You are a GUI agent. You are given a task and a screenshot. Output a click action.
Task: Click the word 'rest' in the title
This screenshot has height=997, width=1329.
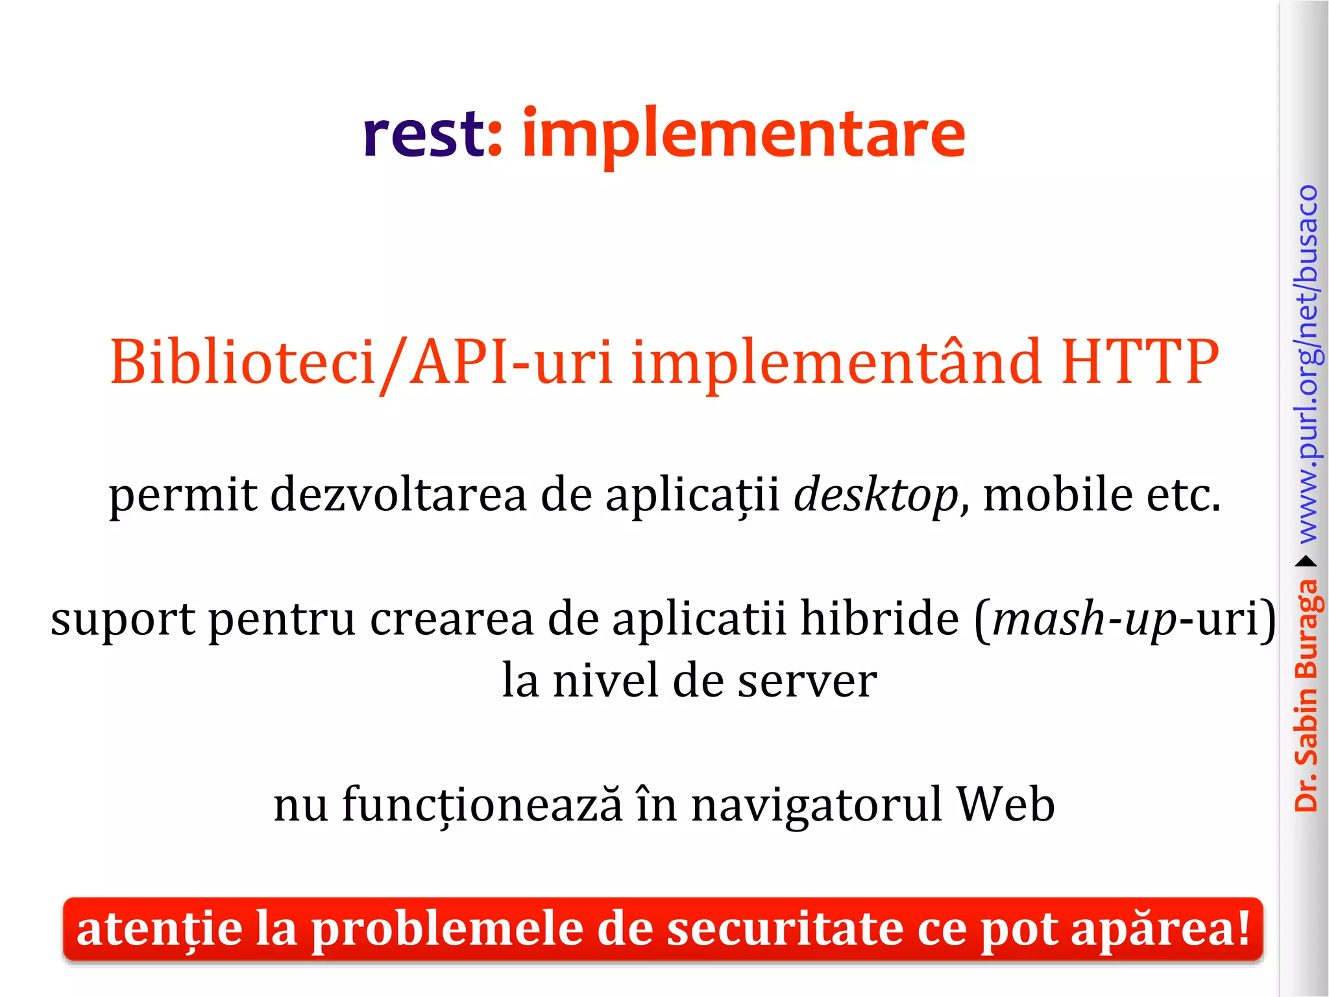pos(423,135)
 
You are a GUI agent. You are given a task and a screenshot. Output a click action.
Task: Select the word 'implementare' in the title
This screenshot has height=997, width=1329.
pos(743,135)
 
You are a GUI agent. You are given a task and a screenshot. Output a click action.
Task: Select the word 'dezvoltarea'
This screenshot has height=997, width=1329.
pos(398,495)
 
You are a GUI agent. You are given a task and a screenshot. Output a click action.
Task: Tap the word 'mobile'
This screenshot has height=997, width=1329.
pos(1058,495)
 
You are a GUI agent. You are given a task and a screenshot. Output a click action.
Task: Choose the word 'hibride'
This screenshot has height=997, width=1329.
pos(879,618)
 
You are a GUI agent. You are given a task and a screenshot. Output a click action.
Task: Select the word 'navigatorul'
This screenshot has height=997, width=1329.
pos(816,805)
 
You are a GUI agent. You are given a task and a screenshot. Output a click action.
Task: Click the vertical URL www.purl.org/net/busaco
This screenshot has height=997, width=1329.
pos(1308,363)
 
